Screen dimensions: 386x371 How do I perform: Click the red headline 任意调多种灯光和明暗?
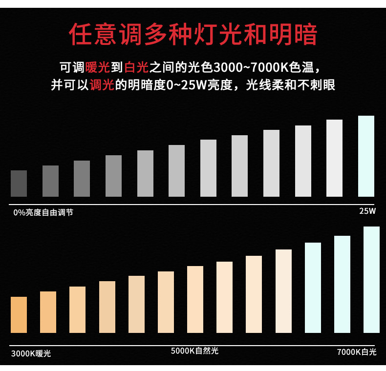(193, 35)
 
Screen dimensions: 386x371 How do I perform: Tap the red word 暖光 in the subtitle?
(98, 67)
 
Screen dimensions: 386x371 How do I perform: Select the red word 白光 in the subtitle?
(136, 67)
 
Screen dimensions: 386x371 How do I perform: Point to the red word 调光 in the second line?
(102, 85)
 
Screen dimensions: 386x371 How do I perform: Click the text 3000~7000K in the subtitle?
(251, 67)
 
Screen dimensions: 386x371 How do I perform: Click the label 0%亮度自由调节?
(43, 212)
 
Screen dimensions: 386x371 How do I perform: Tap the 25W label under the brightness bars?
(367, 211)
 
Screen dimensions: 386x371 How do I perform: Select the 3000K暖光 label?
(31, 353)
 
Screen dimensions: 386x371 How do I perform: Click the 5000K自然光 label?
(195, 350)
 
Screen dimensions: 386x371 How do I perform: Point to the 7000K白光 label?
(357, 352)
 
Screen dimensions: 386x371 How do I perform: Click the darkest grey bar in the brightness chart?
(19, 184)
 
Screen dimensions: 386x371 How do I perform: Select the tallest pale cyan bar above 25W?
(366, 156)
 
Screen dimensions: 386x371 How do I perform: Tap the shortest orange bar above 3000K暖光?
(19, 315)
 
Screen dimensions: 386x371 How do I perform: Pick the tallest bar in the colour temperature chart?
(371, 280)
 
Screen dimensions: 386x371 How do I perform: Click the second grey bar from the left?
(50, 181)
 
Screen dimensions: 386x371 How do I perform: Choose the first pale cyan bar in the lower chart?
(313, 288)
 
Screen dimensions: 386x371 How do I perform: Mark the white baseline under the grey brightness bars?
(192, 205)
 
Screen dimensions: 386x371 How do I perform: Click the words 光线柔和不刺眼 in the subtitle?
(291, 85)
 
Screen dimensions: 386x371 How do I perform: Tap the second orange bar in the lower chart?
(48, 312)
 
